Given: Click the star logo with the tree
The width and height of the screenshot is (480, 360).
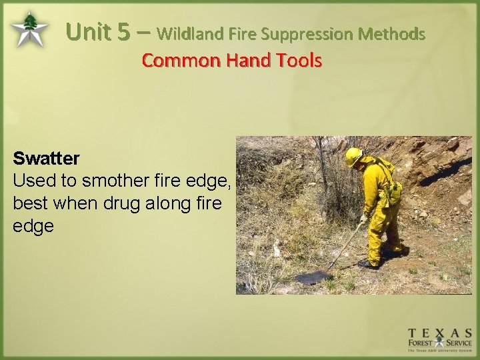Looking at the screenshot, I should [29, 30].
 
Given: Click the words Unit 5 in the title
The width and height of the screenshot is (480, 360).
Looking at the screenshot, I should [101, 31].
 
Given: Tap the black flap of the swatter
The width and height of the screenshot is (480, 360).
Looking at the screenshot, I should [313, 277].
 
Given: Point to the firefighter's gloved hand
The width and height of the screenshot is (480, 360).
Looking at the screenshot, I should [364, 218].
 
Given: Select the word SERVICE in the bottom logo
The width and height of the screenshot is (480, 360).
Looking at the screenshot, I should [459, 344].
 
